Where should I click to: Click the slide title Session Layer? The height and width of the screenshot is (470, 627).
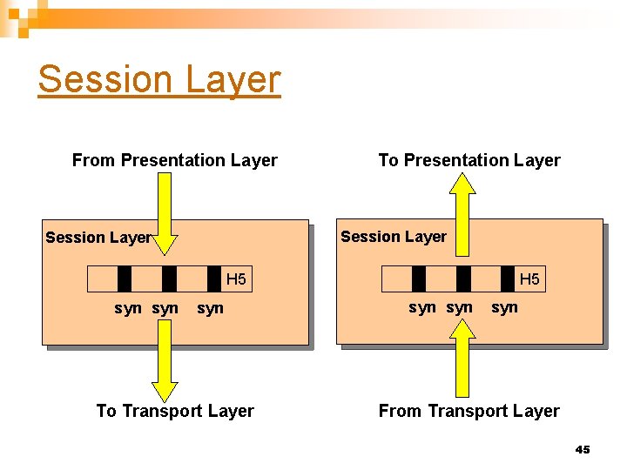pyautogui.click(x=159, y=79)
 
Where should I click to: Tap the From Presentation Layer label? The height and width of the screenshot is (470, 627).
pyautogui.click(x=174, y=160)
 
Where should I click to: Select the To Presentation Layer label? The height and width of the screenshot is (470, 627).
pyautogui.click(x=469, y=160)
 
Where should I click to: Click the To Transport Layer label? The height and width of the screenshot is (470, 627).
pyautogui.click(x=175, y=411)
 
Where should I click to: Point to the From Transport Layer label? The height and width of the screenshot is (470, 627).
pyautogui.click(x=469, y=411)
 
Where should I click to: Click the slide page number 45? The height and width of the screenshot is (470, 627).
pyautogui.click(x=583, y=449)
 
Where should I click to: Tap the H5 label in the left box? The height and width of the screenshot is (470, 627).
pyautogui.click(x=236, y=279)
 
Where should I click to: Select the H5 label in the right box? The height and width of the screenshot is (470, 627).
pyautogui.click(x=529, y=279)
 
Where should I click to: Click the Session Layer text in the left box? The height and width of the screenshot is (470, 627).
pyautogui.click(x=98, y=238)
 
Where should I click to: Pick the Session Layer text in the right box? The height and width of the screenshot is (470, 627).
pyautogui.click(x=394, y=237)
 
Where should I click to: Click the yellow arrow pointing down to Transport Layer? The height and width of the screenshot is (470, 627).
pyautogui.click(x=165, y=366)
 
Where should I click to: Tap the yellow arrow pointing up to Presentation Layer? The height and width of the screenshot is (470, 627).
pyautogui.click(x=462, y=213)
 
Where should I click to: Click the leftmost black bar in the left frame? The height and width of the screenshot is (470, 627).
pyautogui.click(x=125, y=279)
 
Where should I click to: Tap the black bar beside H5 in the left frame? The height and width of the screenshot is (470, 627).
pyautogui.click(x=214, y=279)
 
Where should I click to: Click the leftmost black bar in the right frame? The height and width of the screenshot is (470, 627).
pyautogui.click(x=419, y=279)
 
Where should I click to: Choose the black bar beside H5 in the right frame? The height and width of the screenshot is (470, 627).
pyautogui.click(x=508, y=279)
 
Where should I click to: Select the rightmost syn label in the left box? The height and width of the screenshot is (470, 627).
pyautogui.click(x=210, y=308)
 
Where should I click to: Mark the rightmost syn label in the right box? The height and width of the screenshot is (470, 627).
pyautogui.click(x=504, y=307)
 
